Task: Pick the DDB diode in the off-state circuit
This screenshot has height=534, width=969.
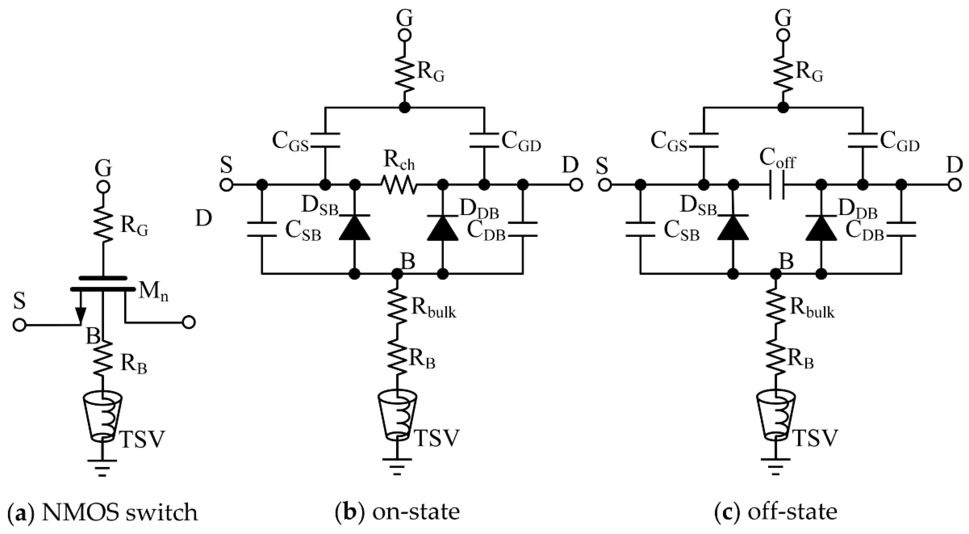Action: point(821,227)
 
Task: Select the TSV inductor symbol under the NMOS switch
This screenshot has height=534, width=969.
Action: point(103,417)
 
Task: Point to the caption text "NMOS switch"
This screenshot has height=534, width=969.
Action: point(119,513)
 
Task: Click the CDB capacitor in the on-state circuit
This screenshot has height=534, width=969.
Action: point(523,229)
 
